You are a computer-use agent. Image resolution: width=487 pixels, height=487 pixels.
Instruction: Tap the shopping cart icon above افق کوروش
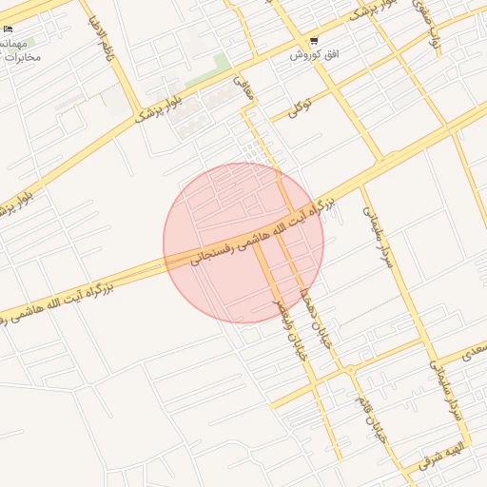(314, 42)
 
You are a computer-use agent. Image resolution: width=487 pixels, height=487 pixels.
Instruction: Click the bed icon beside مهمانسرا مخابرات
(8, 29)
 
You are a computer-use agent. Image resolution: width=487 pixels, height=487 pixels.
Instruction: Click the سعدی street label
(473, 353)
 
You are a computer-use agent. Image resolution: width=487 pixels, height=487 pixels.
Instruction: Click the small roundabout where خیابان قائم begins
(349, 369)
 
